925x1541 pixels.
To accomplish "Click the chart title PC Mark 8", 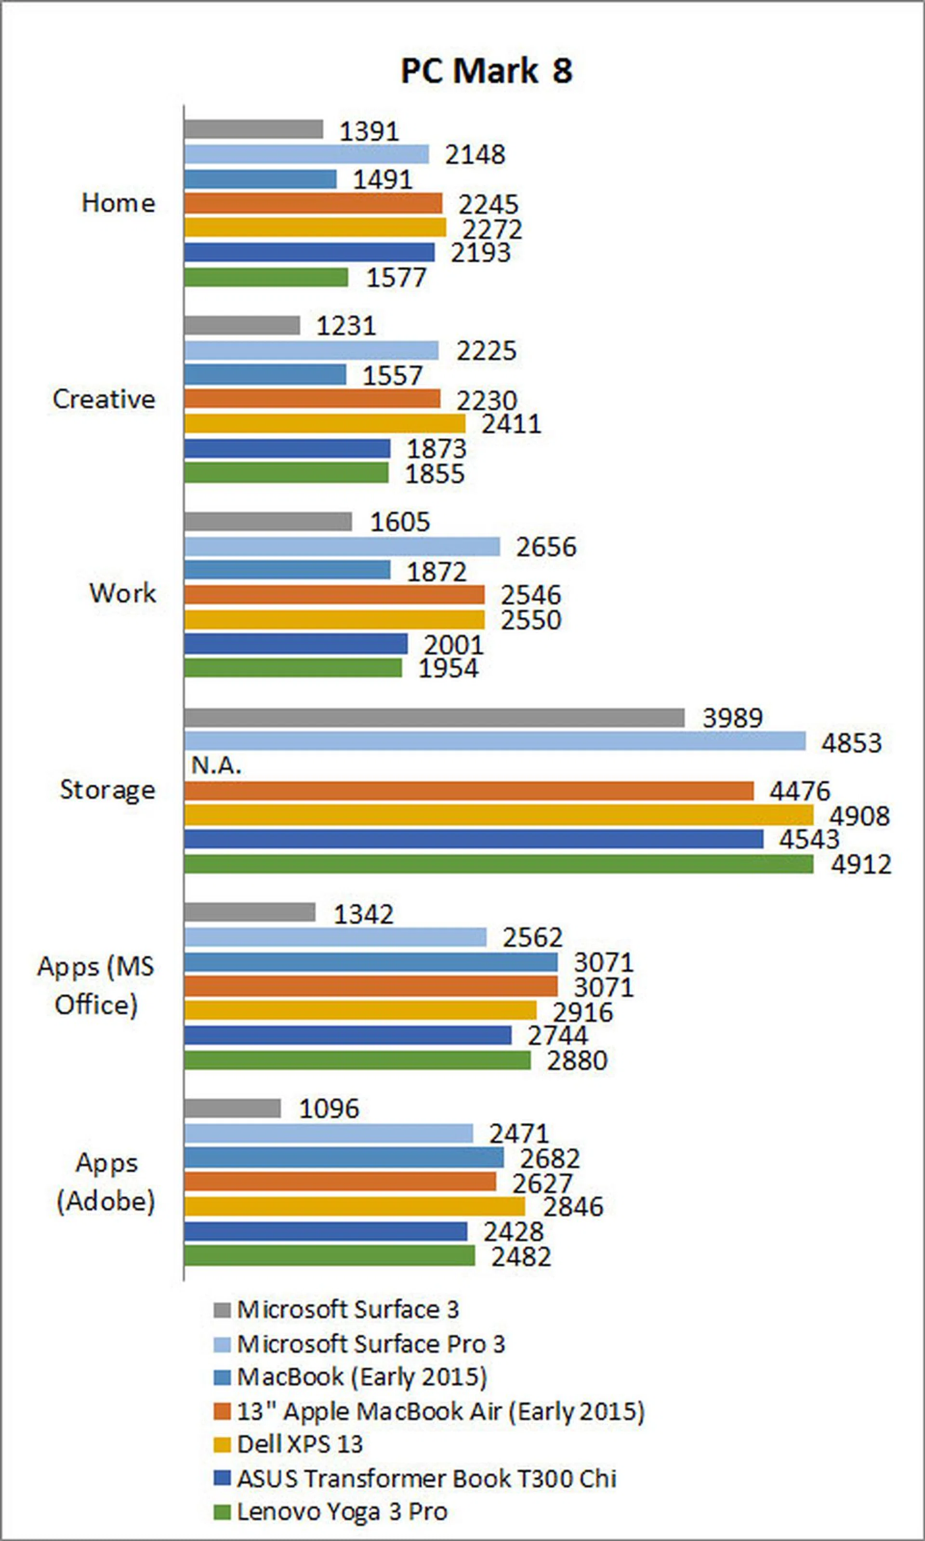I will click(486, 70).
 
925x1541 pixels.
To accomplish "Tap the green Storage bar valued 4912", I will click(499, 864).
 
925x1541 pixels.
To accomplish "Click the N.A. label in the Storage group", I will click(216, 765).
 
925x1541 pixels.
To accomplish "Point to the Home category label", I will click(119, 203).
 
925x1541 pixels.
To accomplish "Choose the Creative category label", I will click(104, 399).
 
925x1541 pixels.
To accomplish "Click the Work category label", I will click(122, 593).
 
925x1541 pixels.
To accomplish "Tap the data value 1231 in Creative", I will click(346, 325).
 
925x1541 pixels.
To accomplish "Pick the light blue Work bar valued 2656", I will click(342, 547).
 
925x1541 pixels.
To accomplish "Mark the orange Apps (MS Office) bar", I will click(371, 986).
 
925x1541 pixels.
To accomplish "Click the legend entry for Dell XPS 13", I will click(300, 1444).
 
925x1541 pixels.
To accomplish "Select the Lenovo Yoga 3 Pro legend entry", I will click(342, 1511).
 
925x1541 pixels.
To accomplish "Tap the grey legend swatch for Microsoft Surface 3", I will click(222, 1310).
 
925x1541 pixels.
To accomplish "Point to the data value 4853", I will click(851, 743).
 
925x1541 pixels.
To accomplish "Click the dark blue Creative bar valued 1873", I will click(287, 448).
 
